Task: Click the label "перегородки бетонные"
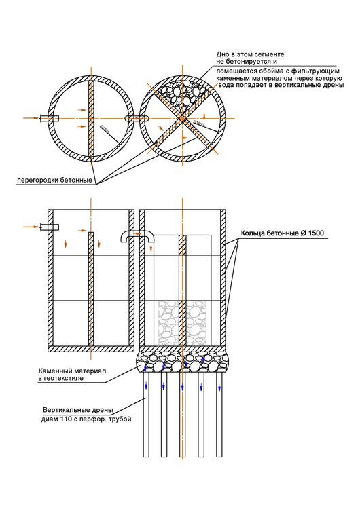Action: [54, 181]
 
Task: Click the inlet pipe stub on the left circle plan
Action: [50, 118]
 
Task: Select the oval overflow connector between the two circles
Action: [137, 118]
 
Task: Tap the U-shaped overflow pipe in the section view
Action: [137, 237]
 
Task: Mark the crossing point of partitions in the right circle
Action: [182, 118]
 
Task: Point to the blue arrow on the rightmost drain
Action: [220, 387]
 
